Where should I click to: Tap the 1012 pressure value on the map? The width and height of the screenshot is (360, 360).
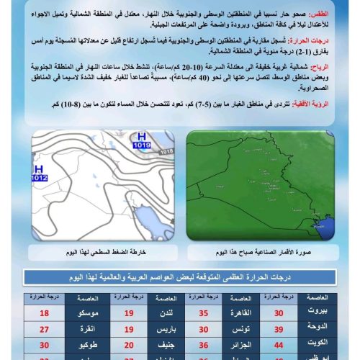(39, 177)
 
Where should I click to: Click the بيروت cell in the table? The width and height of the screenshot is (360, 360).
(323, 312)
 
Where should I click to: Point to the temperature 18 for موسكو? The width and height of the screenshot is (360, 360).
(45, 312)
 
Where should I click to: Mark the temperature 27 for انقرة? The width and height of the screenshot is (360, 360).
(45, 329)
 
